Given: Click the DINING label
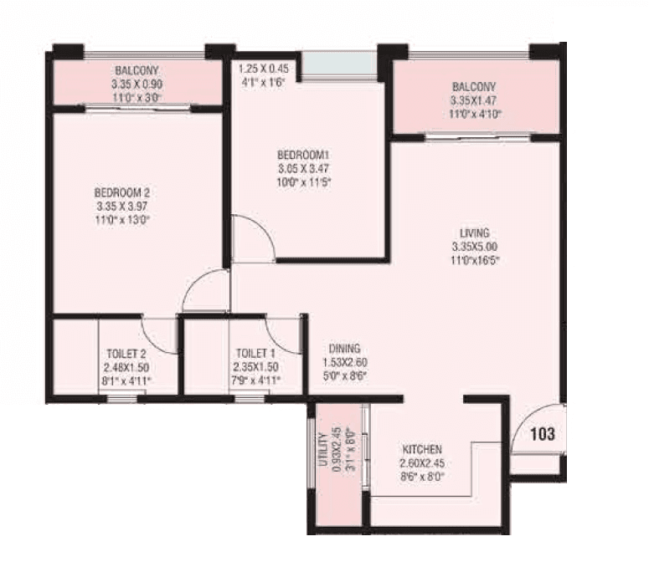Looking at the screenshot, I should tap(344, 348).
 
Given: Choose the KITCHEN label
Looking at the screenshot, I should tap(421, 449).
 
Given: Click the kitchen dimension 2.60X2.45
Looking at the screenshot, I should tap(421, 462).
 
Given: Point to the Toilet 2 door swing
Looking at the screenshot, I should tap(159, 335).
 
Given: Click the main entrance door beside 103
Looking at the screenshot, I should tap(538, 431).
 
